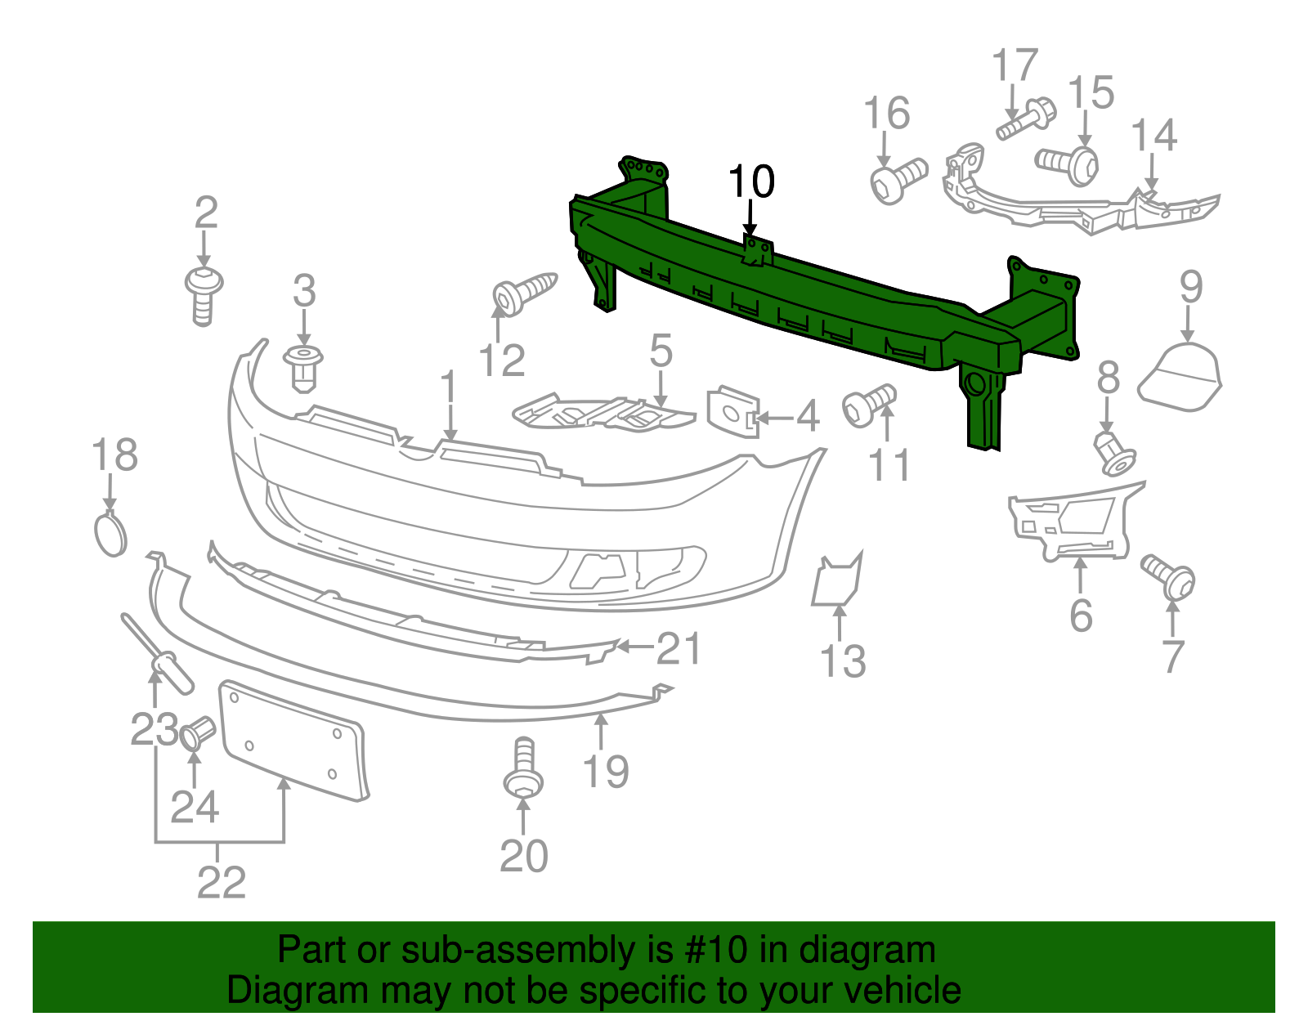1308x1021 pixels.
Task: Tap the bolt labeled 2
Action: (204, 295)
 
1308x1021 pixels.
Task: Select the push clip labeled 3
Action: (303, 367)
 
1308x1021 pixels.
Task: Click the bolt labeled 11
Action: (869, 404)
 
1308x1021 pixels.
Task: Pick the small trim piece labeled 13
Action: (836, 580)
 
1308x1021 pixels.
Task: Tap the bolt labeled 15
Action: (1067, 161)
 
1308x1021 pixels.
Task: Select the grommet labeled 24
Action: (197, 732)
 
